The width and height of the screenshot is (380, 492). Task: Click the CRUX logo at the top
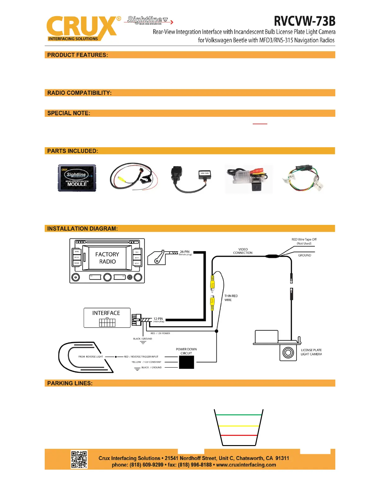pos(81,28)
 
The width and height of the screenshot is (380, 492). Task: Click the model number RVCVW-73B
pos(305,21)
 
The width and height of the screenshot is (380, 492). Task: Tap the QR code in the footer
pos(79,459)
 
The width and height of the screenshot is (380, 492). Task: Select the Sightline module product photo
pos(77,178)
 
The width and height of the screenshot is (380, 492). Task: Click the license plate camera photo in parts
pos(249,179)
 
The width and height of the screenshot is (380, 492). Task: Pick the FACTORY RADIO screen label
pos(107,258)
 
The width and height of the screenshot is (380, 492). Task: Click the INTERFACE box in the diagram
pos(107,318)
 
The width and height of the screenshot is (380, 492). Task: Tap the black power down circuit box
pos(187,362)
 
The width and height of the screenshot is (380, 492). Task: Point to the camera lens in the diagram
pos(288,353)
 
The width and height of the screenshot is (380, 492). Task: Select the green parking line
pos(238,415)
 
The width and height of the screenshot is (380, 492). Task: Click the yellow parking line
pos(238,426)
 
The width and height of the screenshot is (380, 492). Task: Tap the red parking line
pos(238,435)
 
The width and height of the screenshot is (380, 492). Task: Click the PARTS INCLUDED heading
pos(73,151)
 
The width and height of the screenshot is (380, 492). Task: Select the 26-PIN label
pos(185,252)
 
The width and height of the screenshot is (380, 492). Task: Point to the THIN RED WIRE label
pos(231,298)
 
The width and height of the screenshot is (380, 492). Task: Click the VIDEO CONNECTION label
pos(243,251)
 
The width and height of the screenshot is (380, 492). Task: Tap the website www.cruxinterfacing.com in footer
pos(246,465)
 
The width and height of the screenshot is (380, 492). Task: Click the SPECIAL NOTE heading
pos(69,113)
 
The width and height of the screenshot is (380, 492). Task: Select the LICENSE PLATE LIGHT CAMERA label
pos(311,352)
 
